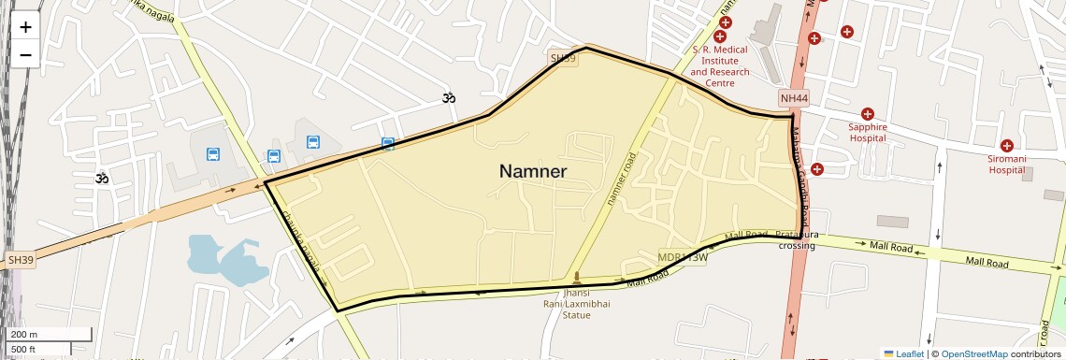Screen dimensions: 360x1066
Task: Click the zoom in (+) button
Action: [25, 27]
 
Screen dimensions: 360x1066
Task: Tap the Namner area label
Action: [533, 171]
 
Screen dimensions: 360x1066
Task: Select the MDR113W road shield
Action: [682, 256]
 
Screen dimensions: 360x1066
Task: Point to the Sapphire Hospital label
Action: [867, 132]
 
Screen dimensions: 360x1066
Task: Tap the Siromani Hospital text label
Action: [1007, 165]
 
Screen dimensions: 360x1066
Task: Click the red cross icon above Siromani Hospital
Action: [1007, 146]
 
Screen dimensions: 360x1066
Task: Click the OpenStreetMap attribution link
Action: [973, 354]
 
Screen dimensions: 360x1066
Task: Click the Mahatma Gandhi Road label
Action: [802, 182]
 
